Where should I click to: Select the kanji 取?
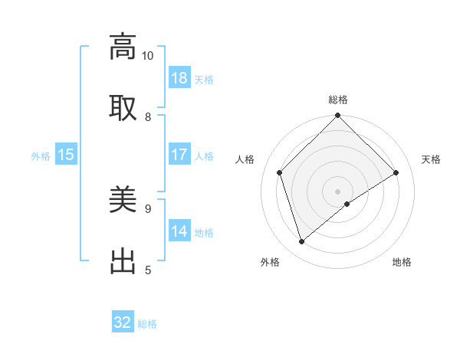pos(123,106)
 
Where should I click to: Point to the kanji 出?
pos(123,260)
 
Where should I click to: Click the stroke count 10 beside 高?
pos(148,56)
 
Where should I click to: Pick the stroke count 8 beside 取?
pos(148,116)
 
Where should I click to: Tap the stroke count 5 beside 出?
pos(148,270)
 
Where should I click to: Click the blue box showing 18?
pos(179,78)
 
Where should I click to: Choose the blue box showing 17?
pos(179,155)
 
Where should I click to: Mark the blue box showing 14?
pos(179,231)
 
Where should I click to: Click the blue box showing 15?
pos(66,155)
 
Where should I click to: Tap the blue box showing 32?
pos(123,322)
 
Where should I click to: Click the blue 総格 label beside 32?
pos(147,324)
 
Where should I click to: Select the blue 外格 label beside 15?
pos(41,156)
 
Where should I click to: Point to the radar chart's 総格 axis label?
pos(338,100)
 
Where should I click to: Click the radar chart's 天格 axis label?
pos(431,159)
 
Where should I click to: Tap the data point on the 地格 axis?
pos(347,204)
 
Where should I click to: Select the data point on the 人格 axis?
pos(280,172)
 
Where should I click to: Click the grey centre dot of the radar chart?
pos(338,191)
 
